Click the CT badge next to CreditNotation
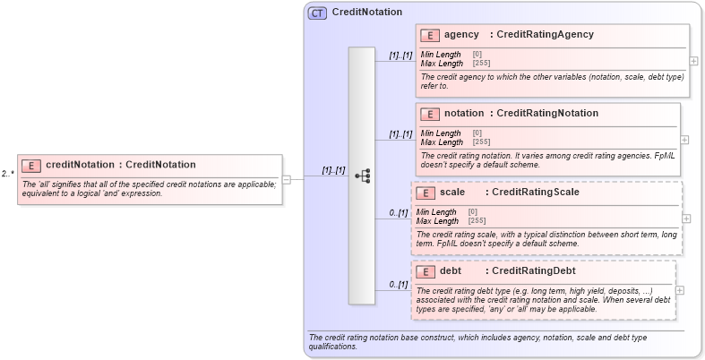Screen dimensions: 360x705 [x=317, y=13]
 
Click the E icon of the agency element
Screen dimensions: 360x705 [x=430, y=35]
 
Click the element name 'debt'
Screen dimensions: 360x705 [x=451, y=270]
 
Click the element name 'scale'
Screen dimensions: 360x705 [x=451, y=192]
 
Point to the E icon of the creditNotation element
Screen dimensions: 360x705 [x=31, y=165]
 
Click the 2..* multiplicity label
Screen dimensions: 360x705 [x=7, y=174]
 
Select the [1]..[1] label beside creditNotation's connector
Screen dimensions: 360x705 [x=334, y=169]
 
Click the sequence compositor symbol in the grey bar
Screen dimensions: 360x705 [x=362, y=176]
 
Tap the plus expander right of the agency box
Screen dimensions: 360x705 [x=693, y=61]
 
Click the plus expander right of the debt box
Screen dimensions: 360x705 [x=680, y=290]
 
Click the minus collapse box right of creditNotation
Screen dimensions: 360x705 [x=287, y=178]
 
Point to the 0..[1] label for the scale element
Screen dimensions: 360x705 [x=399, y=212]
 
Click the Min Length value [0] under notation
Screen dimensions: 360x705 [x=477, y=133]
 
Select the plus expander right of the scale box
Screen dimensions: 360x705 [x=686, y=218]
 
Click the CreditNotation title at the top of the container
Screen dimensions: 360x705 [x=366, y=13]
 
